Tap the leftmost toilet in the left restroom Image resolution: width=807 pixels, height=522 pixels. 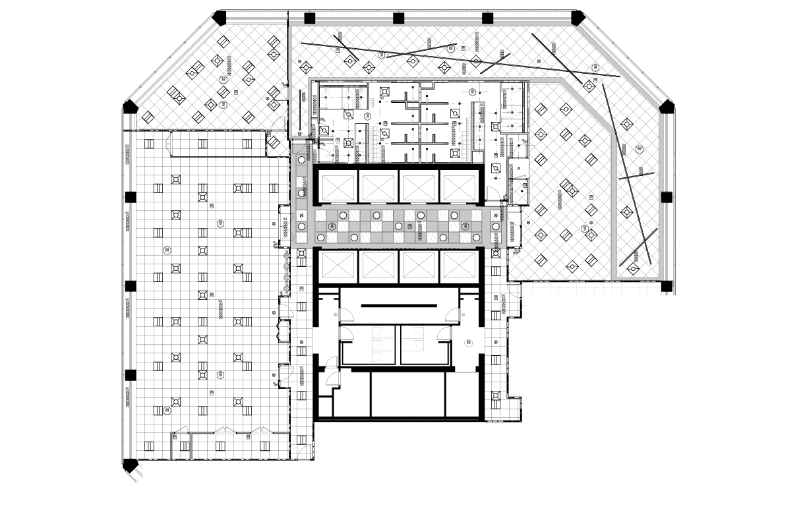(325, 93)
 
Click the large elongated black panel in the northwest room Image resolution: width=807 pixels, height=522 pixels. (175, 96)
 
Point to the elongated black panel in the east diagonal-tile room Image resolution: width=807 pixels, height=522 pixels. (569, 188)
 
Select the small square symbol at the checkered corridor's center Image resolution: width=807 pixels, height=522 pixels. (409, 226)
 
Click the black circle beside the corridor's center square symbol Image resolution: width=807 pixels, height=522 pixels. (398, 226)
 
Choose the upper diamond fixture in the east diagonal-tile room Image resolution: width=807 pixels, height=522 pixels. (565, 109)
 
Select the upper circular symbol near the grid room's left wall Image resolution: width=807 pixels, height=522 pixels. (167, 250)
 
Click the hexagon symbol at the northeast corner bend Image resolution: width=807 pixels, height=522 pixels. (595, 67)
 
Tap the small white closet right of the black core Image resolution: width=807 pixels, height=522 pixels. (517, 192)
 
